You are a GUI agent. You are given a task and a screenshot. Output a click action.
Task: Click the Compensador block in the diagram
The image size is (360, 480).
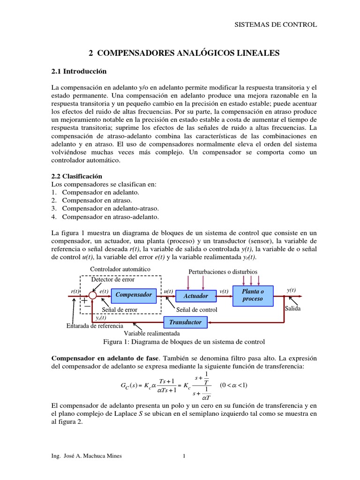tap(133, 295)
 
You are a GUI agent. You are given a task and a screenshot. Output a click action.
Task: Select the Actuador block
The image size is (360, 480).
tap(195, 296)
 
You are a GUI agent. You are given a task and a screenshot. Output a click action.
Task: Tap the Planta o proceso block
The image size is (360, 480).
tap(253, 295)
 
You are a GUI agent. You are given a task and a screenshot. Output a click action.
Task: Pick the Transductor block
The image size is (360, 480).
tap(185, 322)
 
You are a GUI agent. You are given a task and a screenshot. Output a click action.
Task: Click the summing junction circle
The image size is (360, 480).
tap(92, 295)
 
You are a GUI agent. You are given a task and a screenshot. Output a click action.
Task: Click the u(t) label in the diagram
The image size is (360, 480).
tap(167, 291)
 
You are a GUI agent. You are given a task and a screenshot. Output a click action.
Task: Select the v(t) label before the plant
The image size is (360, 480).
tap(224, 291)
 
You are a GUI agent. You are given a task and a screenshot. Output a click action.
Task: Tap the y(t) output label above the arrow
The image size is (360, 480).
tap(291, 290)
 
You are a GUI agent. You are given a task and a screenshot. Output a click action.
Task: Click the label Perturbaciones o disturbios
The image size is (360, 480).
tap(223, 272)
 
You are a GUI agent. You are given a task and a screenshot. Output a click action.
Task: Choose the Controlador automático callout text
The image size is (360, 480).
tap(120, 270)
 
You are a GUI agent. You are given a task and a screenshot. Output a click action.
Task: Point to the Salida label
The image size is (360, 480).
tap(292, 309)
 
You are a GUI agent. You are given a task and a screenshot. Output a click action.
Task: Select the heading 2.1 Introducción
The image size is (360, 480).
tap(79, 71)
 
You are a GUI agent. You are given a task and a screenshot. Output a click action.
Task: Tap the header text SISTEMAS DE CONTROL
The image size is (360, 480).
tap(276, 24)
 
